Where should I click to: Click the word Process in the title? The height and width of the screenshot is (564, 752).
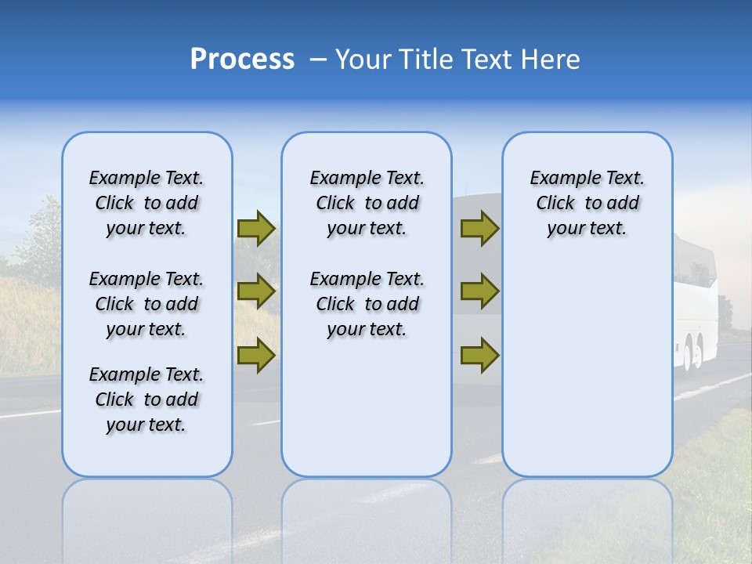point(242,60)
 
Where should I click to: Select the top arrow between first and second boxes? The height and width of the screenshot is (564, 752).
point(256,228)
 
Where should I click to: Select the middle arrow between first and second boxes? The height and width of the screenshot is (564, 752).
point(256,291)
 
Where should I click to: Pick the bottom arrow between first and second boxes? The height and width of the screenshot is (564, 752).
point(256,356)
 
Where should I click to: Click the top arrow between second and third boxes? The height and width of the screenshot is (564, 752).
point(479,228)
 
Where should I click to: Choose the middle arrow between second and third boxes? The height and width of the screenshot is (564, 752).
point(479,291)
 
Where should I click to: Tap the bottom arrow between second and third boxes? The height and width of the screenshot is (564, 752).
point(479,356)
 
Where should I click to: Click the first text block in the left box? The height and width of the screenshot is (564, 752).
point(146,203)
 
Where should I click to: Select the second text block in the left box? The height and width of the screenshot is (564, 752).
point(146,304)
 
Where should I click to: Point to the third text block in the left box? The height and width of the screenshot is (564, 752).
point(146,399)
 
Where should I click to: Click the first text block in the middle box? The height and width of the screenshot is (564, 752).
point(367,203)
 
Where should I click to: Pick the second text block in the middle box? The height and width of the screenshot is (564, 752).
point(367,304)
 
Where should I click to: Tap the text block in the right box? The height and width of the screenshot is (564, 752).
point(587,203)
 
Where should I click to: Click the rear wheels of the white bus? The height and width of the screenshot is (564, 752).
point(692,353)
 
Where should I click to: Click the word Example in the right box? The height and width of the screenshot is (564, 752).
point(559,179)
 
